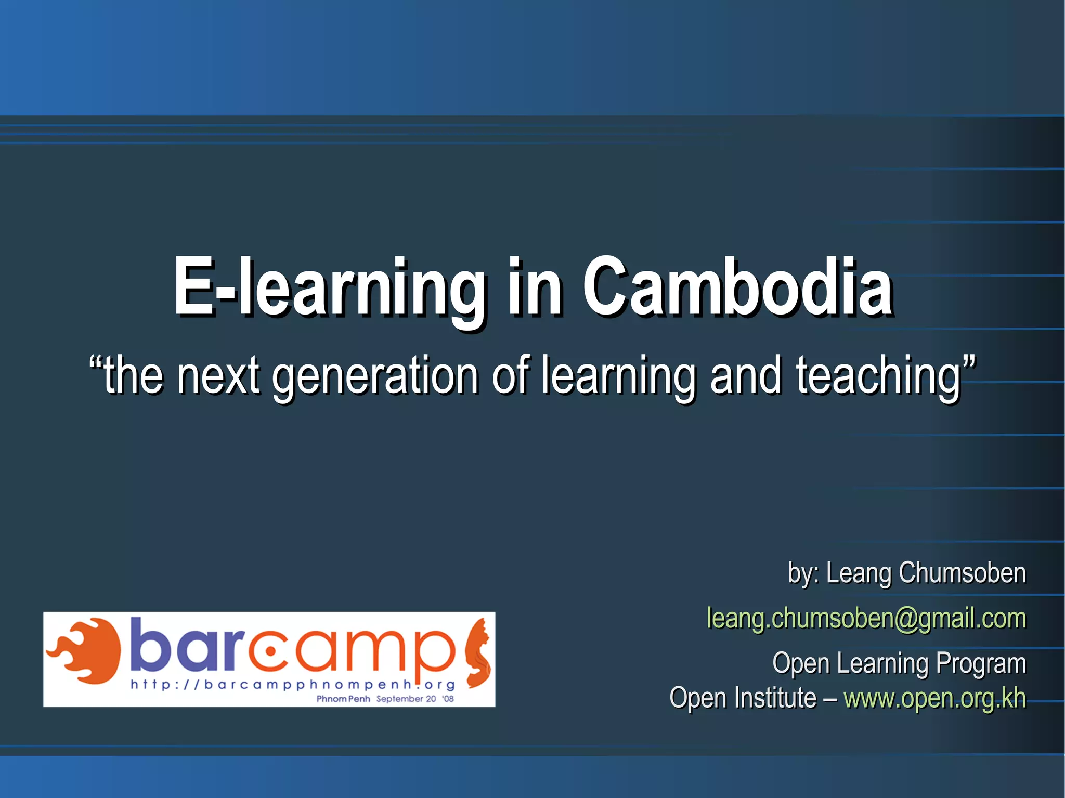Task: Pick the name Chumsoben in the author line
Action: tap(962, 573)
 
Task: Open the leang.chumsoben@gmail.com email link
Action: tap(866, 619)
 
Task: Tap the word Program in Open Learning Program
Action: tap(981, 664)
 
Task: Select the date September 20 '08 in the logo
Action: tap(414, 699)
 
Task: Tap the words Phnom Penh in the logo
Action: tap(343, 699)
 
